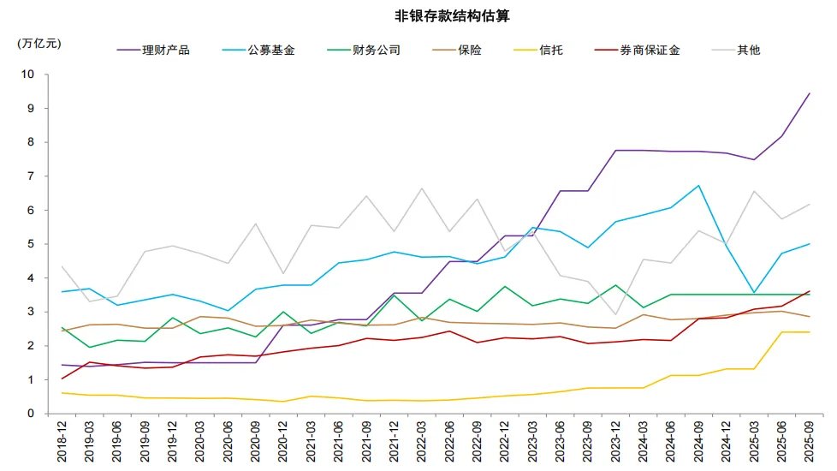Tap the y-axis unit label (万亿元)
[x=39, y=42]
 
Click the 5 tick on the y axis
[x=30, y=244]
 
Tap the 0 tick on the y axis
[x=30, y=414]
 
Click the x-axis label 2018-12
[x=62, y=442]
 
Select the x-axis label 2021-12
[x=393, y=442]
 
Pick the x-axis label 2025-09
[x=809, y=442]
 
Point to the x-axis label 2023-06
[x=559, y=442]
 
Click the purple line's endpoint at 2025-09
[x=809, y=93]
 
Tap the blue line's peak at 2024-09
[x=699, y=186]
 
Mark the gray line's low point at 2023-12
[x=616, y=314]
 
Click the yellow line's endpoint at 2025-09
[x=809, y=332]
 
